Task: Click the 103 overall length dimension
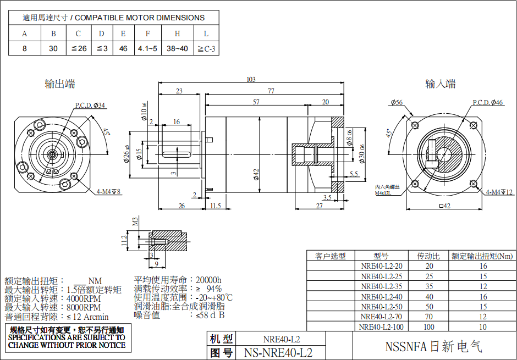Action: tap(251, 80)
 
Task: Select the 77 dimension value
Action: tap(271, 91)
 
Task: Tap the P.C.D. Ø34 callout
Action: tap(90, 106)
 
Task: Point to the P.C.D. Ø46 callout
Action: tap(488, 103)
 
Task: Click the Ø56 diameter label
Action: tap(397, 103)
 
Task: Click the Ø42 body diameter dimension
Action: tap(256, 174)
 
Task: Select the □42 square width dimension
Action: tap(444, 206)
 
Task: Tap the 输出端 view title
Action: tap(60, 84)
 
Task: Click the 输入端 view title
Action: tap(441, 84)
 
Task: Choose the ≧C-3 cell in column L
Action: tap(206, 49)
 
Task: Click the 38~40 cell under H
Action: tap(177, 49)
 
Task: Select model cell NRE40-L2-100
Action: tap(381, 327)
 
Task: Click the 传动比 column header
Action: tap(429, 256)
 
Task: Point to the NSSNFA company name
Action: tap(433, 347)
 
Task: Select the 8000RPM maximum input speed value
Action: tap(84, 307)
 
